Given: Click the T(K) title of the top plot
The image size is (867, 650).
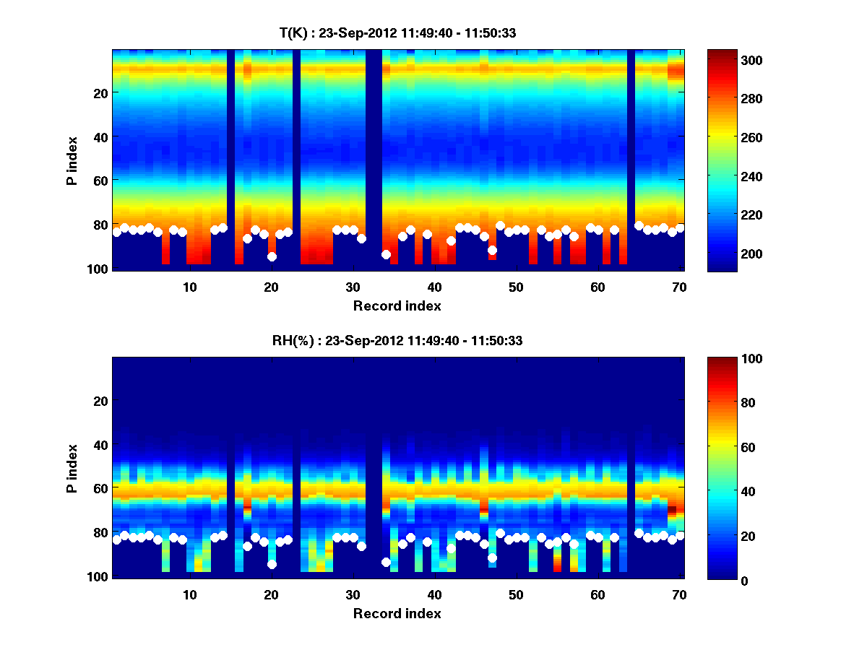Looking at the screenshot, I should [x=397, y=32].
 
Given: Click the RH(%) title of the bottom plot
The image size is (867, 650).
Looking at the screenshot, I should [x=397, y=341].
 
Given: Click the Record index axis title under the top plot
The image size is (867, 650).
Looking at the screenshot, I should [x=397, y=305].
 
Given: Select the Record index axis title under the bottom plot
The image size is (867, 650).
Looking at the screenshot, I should [x=397, y=613].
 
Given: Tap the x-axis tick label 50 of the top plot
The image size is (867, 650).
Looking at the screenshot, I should [x=516, y=287].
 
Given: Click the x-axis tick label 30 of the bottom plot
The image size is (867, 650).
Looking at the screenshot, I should [x=353, y=594].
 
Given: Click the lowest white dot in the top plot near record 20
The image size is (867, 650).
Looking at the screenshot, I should [x=272, y=256].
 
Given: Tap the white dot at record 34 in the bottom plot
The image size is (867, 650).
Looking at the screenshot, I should [x=386, y=562].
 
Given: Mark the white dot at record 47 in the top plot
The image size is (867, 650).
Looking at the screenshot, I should [x=492, y=250].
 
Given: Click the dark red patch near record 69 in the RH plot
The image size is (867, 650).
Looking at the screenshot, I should [x=672, y=510].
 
